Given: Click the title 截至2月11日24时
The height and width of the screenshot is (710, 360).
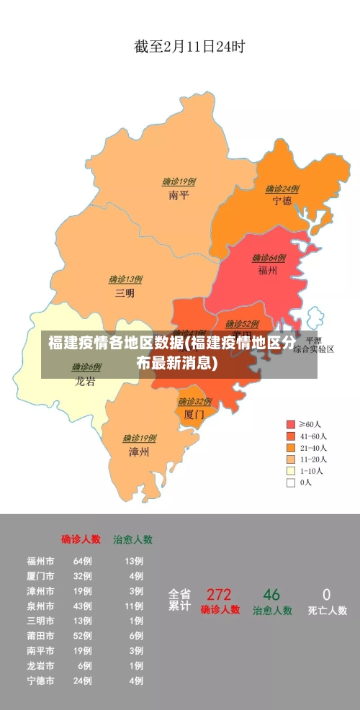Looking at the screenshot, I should pyautogui.click(x=189, y=48).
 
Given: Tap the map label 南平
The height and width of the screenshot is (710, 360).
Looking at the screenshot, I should pyautogui.click(x=179, y=194).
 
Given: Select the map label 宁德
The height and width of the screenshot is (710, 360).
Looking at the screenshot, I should pyautogui.click(x=282, y=201).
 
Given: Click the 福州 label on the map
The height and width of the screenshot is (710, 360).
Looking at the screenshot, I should pyautogui.click(x=268, y=271).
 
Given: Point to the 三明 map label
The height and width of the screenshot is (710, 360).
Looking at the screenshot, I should pyautogui.click(x=125, y=293).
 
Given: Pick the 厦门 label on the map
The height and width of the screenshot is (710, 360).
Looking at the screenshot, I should pyautogui.click(x=194, y=415).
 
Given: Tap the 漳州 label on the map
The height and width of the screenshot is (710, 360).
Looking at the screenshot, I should pyautogui.click(x=139, y=452).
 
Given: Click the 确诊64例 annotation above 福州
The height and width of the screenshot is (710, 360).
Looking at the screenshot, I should pyautogui.click(x=269, y=258).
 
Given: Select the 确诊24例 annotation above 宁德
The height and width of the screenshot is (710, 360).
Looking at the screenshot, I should pyautogui.click(x=282, y=189).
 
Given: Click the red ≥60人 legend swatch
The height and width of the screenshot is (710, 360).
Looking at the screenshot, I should pyautogui.click(x=291, y=424).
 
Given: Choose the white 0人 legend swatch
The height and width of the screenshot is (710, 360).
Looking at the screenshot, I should pyautogui.click(x=291, y=482).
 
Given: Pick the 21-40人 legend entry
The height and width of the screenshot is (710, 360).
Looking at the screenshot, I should pyautogui.click(x=313, y=447).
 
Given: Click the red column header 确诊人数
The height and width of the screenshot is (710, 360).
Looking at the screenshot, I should pyautogui.click(x=81, y=539).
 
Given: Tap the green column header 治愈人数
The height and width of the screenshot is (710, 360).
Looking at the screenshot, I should pyautogui.click(x=132, y=539).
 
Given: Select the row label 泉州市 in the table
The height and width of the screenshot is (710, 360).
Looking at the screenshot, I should pyautogui.click(x=40, y=606).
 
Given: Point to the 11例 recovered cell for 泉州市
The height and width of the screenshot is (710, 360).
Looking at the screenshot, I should pyautogui.click(x=134, y=606).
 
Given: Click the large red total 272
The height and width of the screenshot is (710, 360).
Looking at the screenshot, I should pyautogui.click(x=219, y=595).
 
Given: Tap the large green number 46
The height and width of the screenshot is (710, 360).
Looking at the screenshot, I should pyautogui.click(x=271, y=595).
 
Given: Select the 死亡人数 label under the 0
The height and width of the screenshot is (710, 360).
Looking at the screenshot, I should pyautogui.click(x=327, y=611).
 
